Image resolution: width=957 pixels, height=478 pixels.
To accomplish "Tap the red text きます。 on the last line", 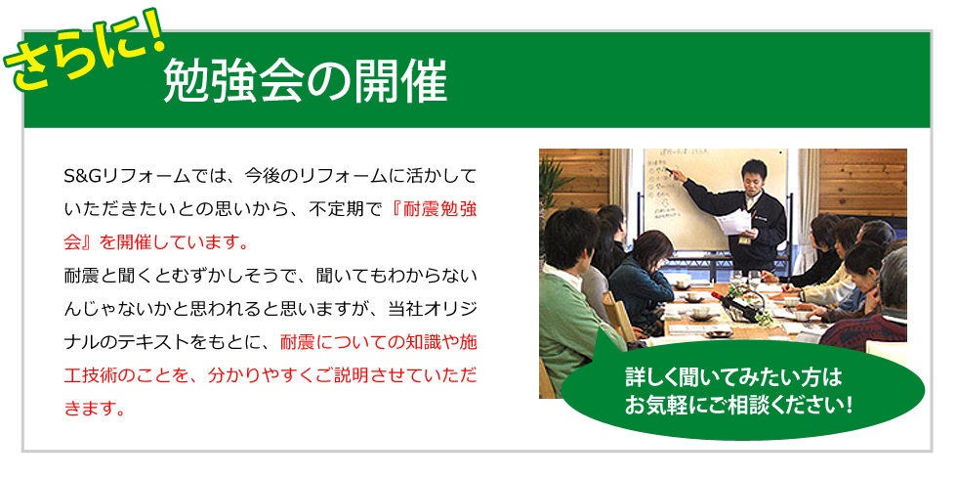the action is [x=96, y=407].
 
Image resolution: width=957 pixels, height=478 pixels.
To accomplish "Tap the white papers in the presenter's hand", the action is [x=734, y=220].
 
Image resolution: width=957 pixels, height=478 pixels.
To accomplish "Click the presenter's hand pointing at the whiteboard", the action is [x=674, y=174].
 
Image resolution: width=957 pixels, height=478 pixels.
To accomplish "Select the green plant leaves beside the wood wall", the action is [x=553, y=184].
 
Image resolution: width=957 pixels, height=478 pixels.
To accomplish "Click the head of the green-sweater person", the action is [x=570, y=239].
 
